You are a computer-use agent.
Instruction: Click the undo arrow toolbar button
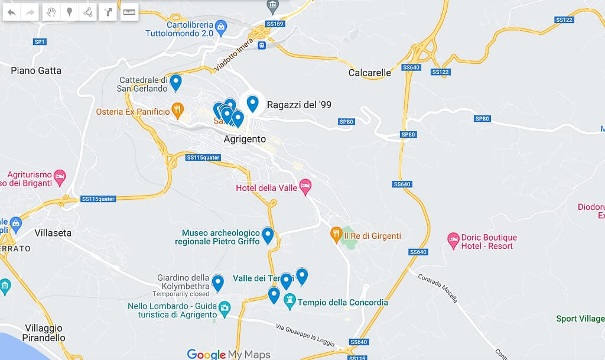[12, 12]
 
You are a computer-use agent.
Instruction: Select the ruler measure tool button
[129, 12]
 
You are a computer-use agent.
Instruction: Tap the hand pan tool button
[52, 12]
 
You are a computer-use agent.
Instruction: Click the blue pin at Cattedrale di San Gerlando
[175, 83]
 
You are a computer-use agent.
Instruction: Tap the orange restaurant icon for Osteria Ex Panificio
[177, 111]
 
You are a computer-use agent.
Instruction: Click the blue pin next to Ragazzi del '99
[253, 103]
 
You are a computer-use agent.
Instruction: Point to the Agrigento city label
[245, 140]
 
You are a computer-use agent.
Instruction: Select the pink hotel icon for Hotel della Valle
[305, 187]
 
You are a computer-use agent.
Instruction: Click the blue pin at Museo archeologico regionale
[268, 235]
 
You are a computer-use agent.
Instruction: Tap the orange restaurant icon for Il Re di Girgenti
[336, 235]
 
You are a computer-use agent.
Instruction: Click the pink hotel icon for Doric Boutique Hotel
[453, 241]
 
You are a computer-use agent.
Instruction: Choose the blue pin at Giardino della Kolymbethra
[218, 283]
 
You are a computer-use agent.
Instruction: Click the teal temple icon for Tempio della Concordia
[290, 303]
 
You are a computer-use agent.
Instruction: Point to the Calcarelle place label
[370, 73]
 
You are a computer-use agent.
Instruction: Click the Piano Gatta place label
[36, 70]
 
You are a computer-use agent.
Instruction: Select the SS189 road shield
[275, 24]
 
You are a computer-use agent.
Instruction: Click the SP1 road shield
[40, 42]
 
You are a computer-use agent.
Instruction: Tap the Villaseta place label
[53, 233]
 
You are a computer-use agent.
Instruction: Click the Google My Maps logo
[228, 354]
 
